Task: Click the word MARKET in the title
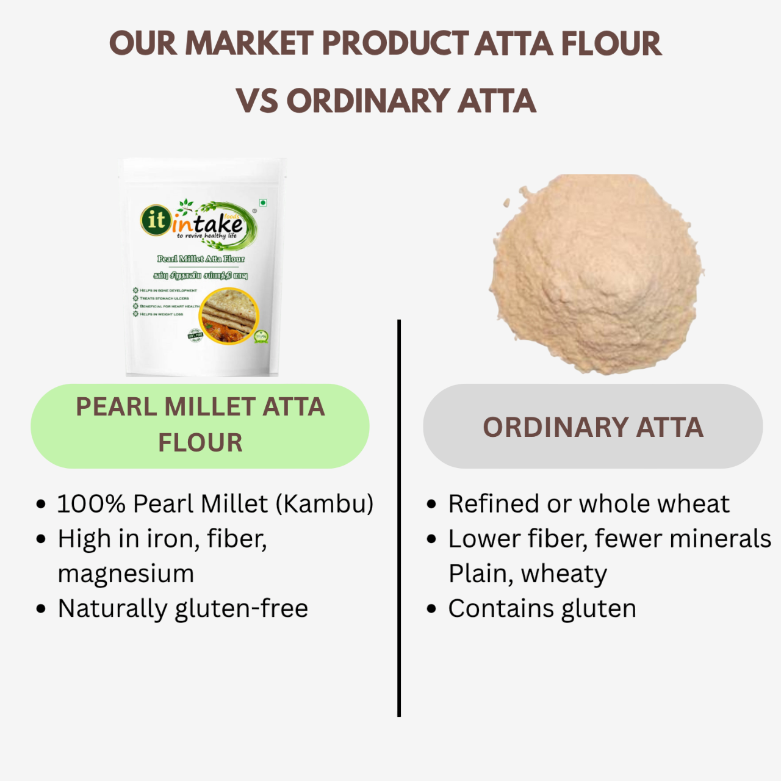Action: (x=250, y=44)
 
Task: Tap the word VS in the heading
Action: (x=257, y=101)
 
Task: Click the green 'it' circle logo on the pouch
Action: (x=156, y=220)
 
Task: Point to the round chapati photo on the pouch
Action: (x=229, y=316)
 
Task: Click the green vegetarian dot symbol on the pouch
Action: (x=263, y=203)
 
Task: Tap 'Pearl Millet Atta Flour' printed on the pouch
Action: (x=201, y=259)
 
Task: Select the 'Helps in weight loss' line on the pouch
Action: (x=160, y=314)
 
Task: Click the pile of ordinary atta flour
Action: (x=596, y=275)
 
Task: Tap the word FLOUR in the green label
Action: (x=200, y=443)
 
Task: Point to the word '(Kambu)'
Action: (x=325, y=504)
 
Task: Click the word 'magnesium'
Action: (x=126, y=574)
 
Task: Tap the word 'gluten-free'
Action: (x=242, y=609)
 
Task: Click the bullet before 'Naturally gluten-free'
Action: (x=41, y=609)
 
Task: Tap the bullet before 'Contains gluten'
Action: (x=432, y=609)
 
